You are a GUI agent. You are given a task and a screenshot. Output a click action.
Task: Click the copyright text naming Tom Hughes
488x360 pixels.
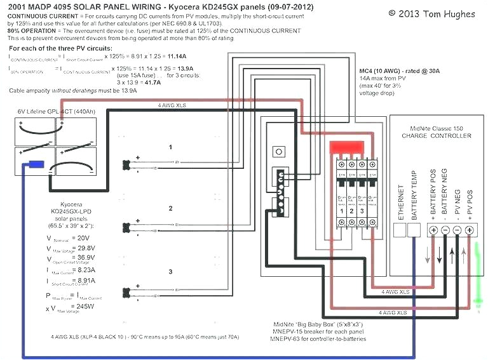point(431,12)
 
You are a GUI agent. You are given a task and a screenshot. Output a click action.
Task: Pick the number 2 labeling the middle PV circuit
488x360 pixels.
point(170,208)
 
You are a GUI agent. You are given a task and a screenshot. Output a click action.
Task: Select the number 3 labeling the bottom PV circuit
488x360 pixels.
point(170,271)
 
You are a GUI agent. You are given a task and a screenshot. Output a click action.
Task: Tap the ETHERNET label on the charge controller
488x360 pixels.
point(401,201)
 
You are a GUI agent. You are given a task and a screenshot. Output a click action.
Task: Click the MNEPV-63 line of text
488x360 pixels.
point(318,338)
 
